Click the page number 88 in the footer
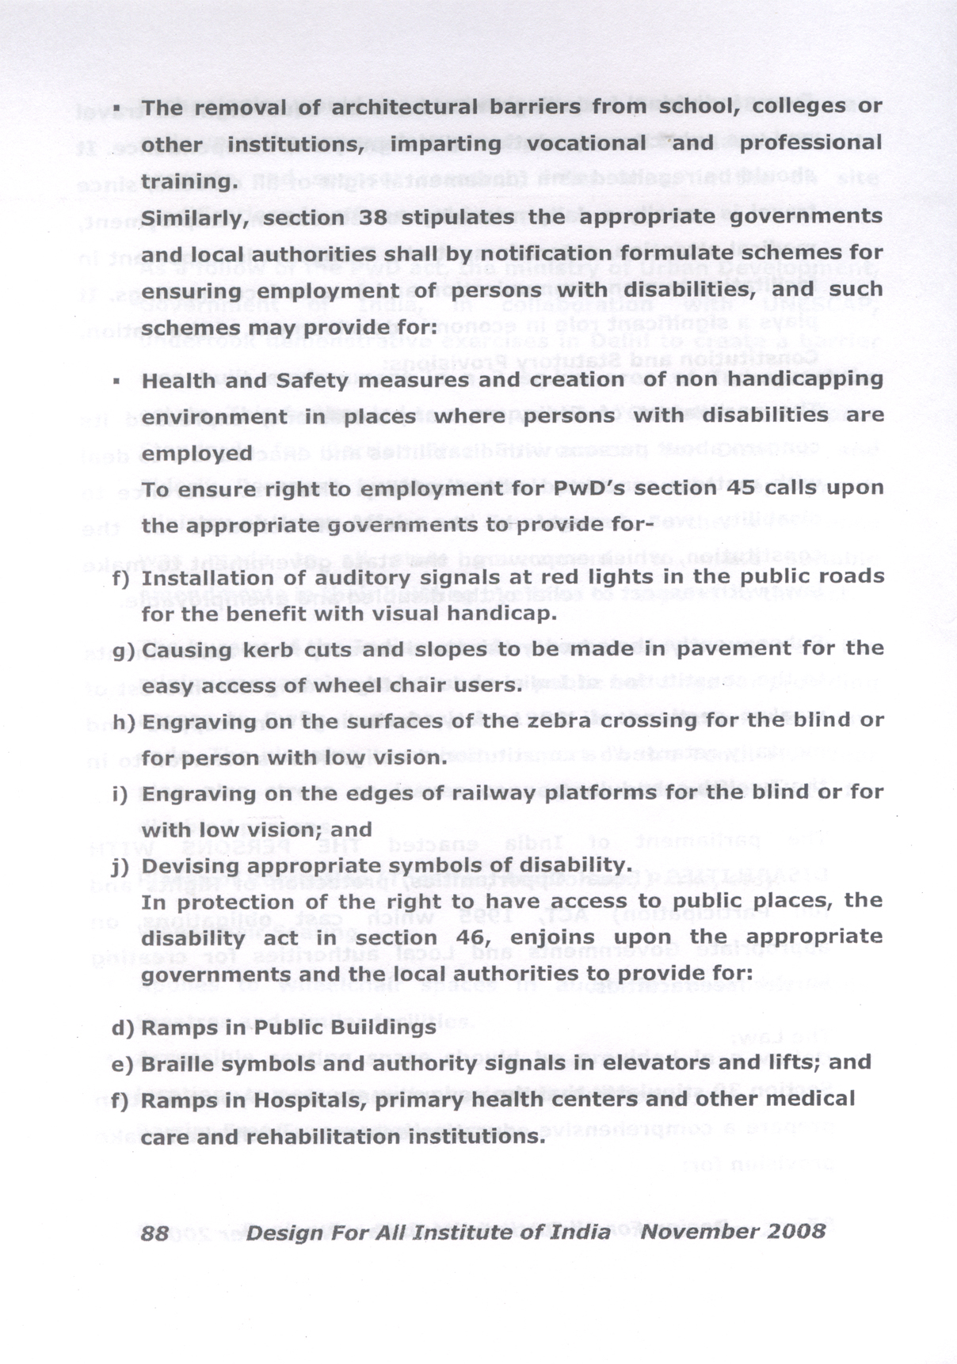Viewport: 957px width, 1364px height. [154, 1233]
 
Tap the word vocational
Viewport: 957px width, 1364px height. [586, 143]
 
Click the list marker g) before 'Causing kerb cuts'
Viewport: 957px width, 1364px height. [123, 651]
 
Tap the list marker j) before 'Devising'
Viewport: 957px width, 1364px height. [120, 865]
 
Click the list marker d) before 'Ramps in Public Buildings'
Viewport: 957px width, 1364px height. [123, 1028]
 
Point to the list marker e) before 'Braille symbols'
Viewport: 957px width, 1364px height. [123, 1064]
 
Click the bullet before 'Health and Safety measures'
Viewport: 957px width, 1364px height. [116, 381]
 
